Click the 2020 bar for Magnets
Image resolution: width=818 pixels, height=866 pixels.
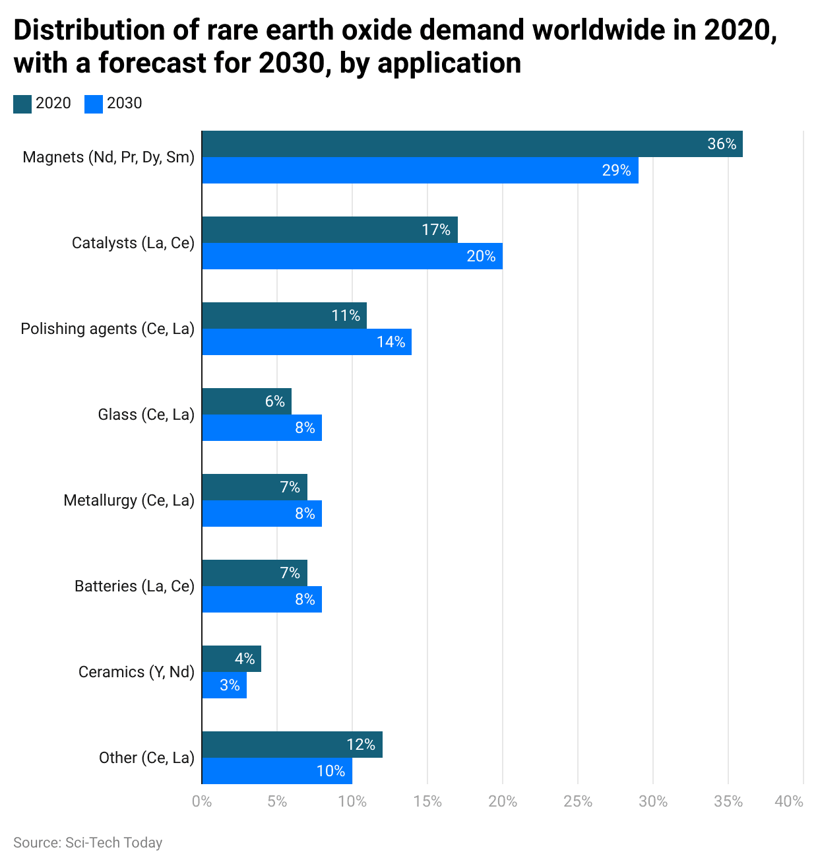tap(472, 144)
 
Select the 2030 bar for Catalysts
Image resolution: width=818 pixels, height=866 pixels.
tap(352, 256)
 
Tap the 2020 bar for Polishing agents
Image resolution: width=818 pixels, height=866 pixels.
tap(284, 316)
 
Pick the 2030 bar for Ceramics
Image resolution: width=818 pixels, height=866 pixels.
tap(224, 685)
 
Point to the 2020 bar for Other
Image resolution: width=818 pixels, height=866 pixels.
tap(292, 745)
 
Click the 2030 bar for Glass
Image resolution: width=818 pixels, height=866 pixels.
tap(261, 428)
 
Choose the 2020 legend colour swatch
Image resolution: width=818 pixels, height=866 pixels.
tap(22, 104)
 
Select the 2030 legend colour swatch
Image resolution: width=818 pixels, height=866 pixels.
tap(94, 104)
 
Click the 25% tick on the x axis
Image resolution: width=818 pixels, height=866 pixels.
tap(578, 801)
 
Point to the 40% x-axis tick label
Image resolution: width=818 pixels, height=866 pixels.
tap(789, 801)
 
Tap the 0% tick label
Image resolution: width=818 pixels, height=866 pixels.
tap(202, 801)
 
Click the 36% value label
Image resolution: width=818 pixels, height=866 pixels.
tap(722, 144)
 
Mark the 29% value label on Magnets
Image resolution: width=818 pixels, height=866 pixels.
tap(616, 170)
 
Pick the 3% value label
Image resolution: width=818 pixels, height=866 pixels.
tap(230, 685)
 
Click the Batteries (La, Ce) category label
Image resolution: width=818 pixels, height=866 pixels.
tap(135, 586)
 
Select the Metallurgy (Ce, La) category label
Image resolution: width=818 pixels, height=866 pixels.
tap(129, 500)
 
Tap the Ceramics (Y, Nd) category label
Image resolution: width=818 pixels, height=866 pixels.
tap(137, 672)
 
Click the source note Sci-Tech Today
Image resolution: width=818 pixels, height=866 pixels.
tap(88, 843)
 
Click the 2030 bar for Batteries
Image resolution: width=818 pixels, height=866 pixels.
tap(261, 599)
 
